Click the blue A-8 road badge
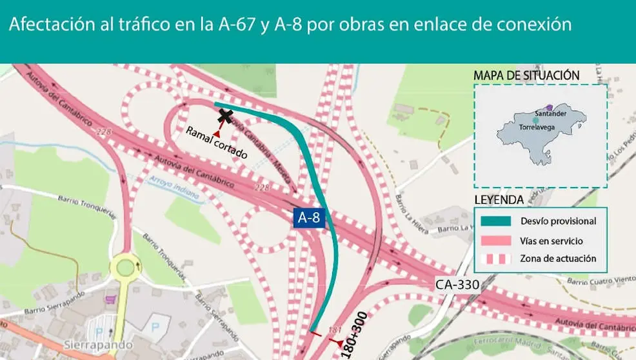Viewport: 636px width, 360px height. click(308, 218)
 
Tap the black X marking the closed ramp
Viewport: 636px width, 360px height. click(226, 116)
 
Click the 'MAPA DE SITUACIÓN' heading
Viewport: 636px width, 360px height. click(526, 75)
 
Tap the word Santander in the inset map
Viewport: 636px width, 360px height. click(552, 114)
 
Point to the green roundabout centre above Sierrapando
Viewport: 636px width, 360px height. click(126, 265)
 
